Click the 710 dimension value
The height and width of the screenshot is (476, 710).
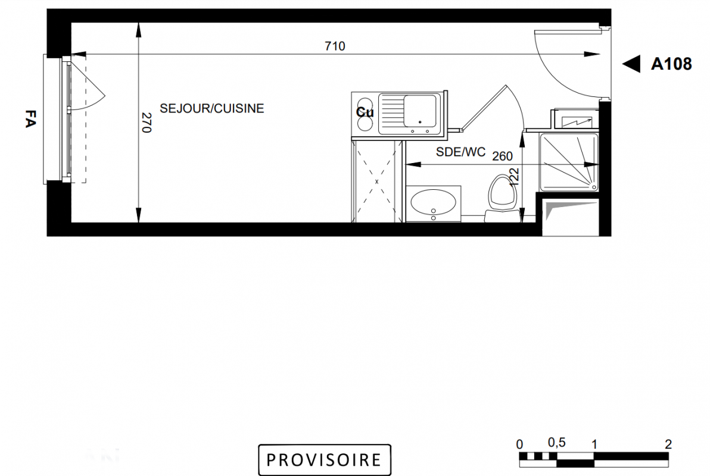tap(335, 46)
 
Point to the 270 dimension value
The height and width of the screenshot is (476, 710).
tap(146, 122)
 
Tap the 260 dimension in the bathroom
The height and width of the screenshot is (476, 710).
tap(502, 156)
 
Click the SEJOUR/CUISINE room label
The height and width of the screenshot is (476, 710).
tap(212, 109)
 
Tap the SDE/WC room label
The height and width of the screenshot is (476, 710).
tap(460, 152)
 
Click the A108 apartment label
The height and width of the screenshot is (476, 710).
tap(671, 64)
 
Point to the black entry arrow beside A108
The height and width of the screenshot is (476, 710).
tap(631, 64)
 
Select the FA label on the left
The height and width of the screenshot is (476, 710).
tap(30, 118)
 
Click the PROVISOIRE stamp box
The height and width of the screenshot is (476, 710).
tap(324, 460)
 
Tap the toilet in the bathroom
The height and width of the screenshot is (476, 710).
tap(502, 198)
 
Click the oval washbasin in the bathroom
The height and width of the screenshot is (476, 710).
tap(433, 202)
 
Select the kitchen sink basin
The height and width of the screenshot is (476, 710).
tap(420, 111)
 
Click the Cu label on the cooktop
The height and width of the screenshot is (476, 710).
tap(365, 112)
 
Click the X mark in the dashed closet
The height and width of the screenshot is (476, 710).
tap(376, 181)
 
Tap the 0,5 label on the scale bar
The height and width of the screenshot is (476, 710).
tap(556, 442)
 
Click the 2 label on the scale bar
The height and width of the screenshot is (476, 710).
tap(668, 444)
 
